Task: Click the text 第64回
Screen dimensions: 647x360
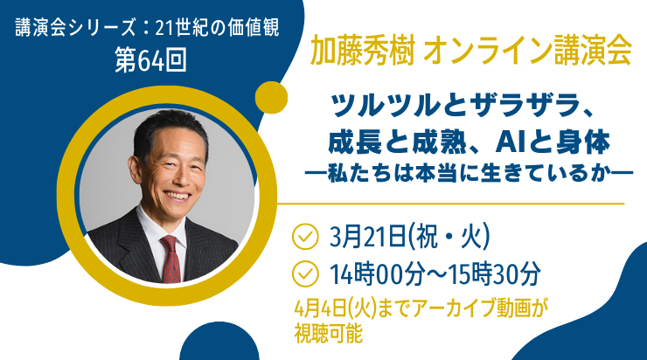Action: [x=150, y=60]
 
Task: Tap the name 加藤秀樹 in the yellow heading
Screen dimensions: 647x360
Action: [x=362, y=52]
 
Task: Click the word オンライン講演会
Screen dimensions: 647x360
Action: [x=528, y=52]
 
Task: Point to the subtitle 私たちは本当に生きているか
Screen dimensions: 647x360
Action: [x=469, y=173]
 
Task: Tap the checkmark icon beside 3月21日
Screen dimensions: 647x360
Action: [x=305, y=236]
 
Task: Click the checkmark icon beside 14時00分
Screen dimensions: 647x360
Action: [x=305, y=273]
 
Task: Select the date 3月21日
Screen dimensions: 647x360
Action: [x=367, y=237]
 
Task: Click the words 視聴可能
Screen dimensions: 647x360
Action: [x=329, y=333]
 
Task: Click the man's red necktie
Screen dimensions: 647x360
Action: [x=170, y=259]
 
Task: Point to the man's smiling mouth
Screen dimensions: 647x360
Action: [x=177, y=196]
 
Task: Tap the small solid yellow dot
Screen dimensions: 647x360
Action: [x=271, y=98]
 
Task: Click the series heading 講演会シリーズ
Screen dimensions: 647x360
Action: [x=75, y=28]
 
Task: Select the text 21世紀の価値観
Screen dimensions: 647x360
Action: [x=218, y=28]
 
